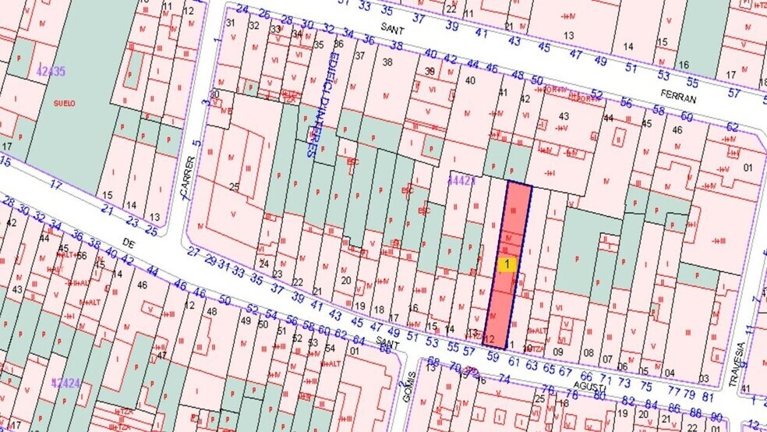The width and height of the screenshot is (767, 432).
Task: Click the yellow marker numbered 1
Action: point(507,264)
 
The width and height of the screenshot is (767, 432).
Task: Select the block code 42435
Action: point(51,72)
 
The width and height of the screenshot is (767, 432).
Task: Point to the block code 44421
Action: point(461,180)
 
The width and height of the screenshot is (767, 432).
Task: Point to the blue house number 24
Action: point(242,9)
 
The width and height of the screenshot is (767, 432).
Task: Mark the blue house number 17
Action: point(55,185)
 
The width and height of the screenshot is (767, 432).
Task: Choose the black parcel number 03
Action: point(704,378)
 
